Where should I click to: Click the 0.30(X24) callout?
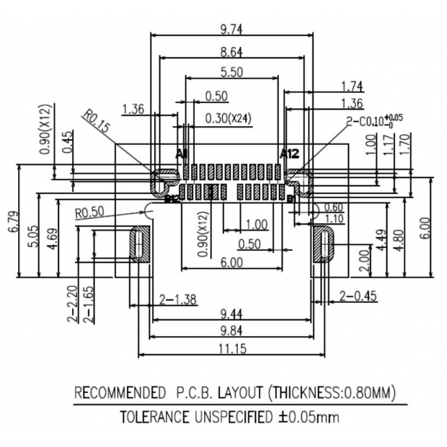[x=228, y=118]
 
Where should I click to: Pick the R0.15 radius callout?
[x=96, y=120]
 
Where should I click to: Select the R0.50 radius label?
[x=90, y=213]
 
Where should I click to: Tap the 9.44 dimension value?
[x=231, y=314]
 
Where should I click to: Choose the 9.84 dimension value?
[x=231, y=330]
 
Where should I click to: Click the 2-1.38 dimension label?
[x=174, y=298]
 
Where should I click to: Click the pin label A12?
[x=289, y=153]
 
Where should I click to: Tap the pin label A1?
[x=182, y=154]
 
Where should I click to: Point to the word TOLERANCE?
[x=154, y=417]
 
